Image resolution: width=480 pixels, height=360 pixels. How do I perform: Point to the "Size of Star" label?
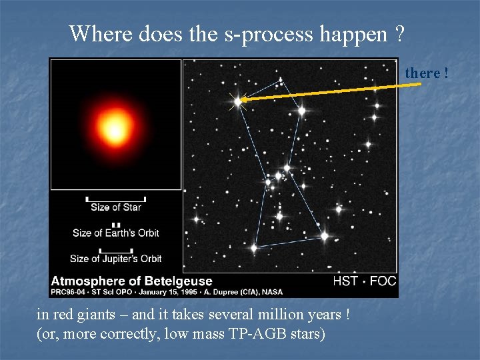[x=116, y=207]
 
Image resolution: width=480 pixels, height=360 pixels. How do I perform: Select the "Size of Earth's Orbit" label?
[x=116, y=233]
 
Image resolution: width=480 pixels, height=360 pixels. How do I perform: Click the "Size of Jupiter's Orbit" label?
[x=116, y=258]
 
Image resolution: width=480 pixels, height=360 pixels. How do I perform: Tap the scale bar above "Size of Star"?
[x=116, y=199]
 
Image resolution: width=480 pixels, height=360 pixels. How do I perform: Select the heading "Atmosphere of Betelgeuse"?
[x=131, y=281]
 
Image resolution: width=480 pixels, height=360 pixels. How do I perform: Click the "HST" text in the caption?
[x=346, y=281]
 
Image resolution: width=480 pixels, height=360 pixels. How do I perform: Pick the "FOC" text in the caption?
[x=383, y=281]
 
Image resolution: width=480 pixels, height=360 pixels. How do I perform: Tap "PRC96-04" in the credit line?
[x=66, y=291]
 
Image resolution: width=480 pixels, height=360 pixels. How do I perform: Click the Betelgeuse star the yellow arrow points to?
[x=237, y=101]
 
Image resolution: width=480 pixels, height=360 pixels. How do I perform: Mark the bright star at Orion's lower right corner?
[x=324, y=235]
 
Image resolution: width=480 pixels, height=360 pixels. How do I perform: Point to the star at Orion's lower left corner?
[x=254, y=248]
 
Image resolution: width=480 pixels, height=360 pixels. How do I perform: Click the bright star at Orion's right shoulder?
[x=301, y=111]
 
